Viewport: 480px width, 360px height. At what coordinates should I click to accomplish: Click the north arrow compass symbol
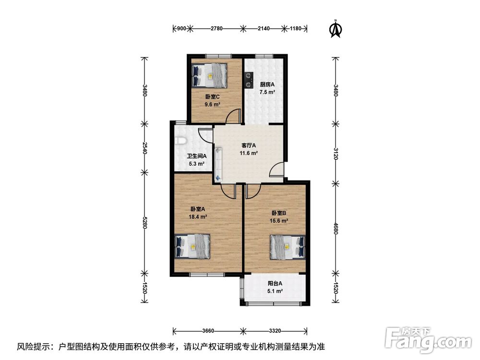(336, 29)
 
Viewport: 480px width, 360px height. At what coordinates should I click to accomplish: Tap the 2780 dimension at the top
(216, 28)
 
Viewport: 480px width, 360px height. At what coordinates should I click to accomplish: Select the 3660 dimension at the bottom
(208, 331)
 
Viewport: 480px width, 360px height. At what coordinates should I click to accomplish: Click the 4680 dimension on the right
(336, 228)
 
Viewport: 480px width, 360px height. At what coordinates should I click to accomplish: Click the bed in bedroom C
(209, 75)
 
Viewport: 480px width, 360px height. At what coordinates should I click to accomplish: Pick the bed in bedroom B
(288, 247)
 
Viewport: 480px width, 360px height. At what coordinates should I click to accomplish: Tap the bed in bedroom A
(192, 246)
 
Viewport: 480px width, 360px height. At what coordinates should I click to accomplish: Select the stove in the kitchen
(249, 80)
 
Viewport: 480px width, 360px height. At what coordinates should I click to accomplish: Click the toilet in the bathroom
(181, 141)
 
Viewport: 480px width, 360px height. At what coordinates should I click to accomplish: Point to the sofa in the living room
(218, 164)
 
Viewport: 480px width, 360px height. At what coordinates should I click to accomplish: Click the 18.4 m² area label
(198, 217)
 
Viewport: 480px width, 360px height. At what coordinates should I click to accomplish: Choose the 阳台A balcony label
(275, 284)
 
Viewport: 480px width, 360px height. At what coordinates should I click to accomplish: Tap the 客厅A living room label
(249, 145)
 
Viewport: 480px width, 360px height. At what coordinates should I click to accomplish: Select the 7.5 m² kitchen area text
(267, 92)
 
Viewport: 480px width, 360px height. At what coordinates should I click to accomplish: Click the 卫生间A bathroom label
(197, 156)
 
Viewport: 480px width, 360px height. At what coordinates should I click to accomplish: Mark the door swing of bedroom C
(233, 116)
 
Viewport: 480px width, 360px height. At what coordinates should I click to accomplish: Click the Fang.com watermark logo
(428, 339)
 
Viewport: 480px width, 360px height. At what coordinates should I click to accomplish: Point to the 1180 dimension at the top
(295, 28)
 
